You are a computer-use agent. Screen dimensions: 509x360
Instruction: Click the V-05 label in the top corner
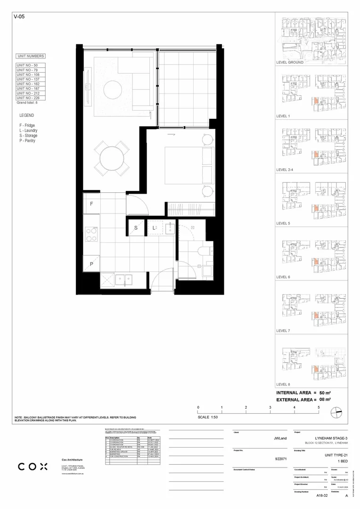(19, 16)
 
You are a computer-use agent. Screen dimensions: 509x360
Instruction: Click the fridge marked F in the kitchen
(92, 204)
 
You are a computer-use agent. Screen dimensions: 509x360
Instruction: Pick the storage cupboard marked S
(136, 228)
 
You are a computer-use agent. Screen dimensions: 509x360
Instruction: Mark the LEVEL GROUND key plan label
(290, 62)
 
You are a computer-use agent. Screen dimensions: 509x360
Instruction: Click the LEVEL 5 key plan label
(284, 223)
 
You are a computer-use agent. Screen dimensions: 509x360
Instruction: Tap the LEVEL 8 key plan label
(284, 385)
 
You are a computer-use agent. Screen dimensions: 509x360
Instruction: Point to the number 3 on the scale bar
(270, 407)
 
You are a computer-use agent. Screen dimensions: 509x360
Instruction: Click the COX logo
(33, 467)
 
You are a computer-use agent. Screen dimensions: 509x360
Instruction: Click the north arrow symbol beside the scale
(336, 413)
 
